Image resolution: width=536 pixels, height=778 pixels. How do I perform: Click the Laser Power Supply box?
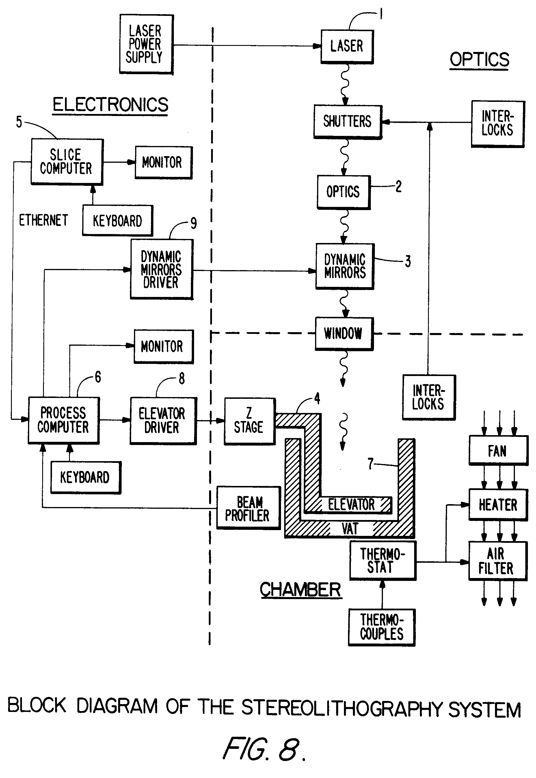point(146,44)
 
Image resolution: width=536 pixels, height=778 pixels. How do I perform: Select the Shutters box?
point(348,121)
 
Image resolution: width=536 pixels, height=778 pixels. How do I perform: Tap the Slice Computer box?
point(67,161)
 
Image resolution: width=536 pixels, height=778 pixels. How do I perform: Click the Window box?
point(344,334)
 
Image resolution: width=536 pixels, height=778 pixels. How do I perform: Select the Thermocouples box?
point(381,627)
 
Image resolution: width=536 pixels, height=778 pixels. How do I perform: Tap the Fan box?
point(498,450)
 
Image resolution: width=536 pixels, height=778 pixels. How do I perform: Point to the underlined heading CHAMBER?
point(300,590)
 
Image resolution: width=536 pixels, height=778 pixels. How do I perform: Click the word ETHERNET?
point(43,220)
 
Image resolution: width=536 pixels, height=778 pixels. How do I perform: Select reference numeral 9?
point(193,223)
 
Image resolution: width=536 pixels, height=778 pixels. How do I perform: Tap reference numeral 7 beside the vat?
point(371,464)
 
